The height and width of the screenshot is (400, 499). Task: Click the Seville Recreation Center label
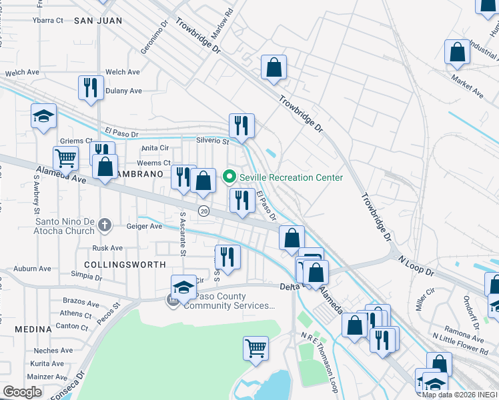pyautogui.click(x=292, y=177)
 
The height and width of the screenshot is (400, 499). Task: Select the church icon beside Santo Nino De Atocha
pyautogui.click(x=104, y=225)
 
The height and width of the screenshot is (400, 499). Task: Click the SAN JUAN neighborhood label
pyautogui.click(x=98, y=21)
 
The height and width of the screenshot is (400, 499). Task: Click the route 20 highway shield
pyautogui.click(x=203, y=211)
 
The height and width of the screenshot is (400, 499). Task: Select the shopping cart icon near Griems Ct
pyautogui.click(x=65, y=158)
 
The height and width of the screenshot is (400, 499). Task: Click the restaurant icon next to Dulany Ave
pyautogui.click(x=89, y=87)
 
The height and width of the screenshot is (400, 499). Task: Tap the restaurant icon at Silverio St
pyautogui.click(x=241, y=125)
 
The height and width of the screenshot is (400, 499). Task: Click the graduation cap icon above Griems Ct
pyautogui.click(x=43, y=116)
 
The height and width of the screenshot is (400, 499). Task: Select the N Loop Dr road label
pyautogui.click(x=416, y=265)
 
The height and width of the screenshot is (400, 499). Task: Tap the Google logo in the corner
pyautogui.click(x=22, y=392)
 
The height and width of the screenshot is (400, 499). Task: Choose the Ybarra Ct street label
pyautogui.click(x=47, y=20)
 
